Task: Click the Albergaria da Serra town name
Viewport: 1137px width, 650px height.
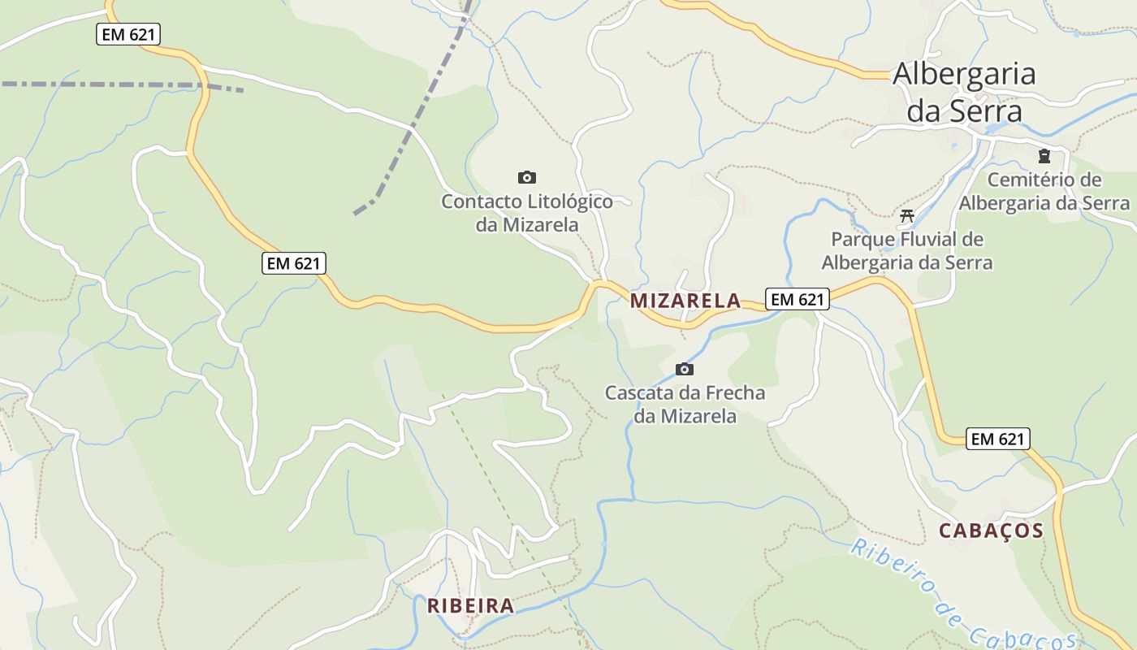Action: [x=964, y=92]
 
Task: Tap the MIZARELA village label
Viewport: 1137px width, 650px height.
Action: [x=685, y=301]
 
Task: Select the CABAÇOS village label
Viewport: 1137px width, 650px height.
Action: [x=991, y=531]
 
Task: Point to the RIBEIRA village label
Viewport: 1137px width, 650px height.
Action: [x=471, y=605]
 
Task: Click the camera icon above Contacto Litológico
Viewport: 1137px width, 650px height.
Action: [x=527, y=177]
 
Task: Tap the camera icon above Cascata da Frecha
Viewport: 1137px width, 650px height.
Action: [x=685, y=370]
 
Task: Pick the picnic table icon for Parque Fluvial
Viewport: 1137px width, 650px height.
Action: [x=907, y=216]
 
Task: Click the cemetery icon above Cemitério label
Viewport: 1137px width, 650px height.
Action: [x=1044, y=156]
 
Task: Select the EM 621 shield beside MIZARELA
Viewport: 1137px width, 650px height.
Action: [x=798, y=299]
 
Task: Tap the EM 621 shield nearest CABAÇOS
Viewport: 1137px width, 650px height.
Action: [x=998, y=439]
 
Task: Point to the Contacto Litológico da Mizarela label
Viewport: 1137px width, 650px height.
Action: [x=527, y=212]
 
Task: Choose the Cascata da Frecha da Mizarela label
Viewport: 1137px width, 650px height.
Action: [x=685, y=405]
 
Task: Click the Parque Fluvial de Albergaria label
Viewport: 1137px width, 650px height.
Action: [x=907, y=251]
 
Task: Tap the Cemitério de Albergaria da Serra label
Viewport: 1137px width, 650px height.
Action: [x=1044, y=191]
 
